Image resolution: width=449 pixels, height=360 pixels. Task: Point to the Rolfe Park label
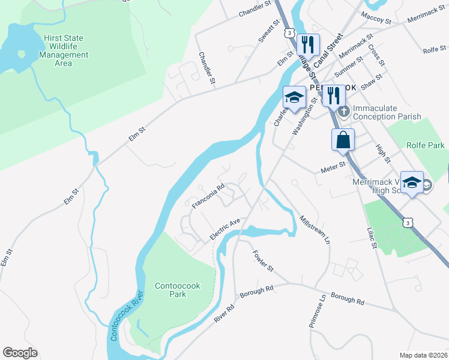point(426,145)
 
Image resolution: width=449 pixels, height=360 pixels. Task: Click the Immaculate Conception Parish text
point(387,112)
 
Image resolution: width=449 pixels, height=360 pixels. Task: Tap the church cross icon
point(343,111)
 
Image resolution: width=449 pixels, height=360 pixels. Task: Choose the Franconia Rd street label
point(208,196)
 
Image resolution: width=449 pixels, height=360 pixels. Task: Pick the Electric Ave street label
point(224,229)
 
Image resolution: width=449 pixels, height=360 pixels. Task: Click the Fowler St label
point(263,259)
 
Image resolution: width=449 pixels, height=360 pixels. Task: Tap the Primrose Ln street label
point(317,310)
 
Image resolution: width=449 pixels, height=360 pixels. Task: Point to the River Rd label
point(224,313)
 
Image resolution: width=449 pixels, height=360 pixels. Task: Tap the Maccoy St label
point(376,21)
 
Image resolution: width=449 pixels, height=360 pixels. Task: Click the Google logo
point(20,353)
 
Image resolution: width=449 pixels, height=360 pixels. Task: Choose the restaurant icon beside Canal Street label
point(307,44)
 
